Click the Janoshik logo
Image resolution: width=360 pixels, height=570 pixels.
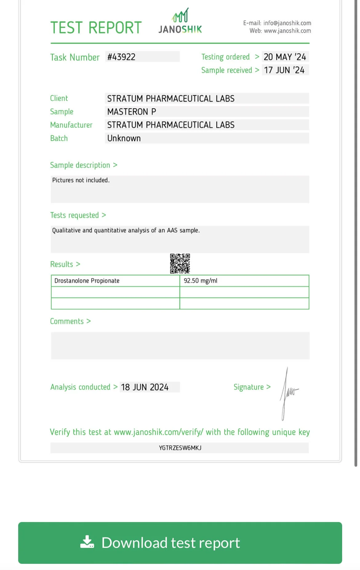point(180,22)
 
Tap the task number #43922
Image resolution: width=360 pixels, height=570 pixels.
point(122,57)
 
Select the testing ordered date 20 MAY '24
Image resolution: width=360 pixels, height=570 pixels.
point(285,57)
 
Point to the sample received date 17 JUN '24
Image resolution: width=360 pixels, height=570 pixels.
point(284,70)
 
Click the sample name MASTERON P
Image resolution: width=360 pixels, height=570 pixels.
point(132,112)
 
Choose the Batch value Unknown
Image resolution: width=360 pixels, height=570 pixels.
point(124,138)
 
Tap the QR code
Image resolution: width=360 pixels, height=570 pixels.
point(180,263)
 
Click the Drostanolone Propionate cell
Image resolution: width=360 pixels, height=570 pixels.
point(87,281)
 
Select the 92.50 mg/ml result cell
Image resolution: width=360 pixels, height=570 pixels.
point(201,281)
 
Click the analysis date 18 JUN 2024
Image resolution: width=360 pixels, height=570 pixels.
point(145,387)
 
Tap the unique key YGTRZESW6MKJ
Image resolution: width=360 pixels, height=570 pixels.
point(180,448)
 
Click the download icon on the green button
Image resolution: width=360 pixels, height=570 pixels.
point(87,542)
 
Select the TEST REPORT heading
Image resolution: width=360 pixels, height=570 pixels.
point(96,28)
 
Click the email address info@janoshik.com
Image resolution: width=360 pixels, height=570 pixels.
point(287,23)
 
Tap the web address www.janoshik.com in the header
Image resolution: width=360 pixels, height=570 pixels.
point(287,31)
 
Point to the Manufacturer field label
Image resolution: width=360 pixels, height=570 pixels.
point(71,125)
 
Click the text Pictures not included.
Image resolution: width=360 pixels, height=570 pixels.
point(81,180)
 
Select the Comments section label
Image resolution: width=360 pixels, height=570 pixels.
point(67,321)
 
